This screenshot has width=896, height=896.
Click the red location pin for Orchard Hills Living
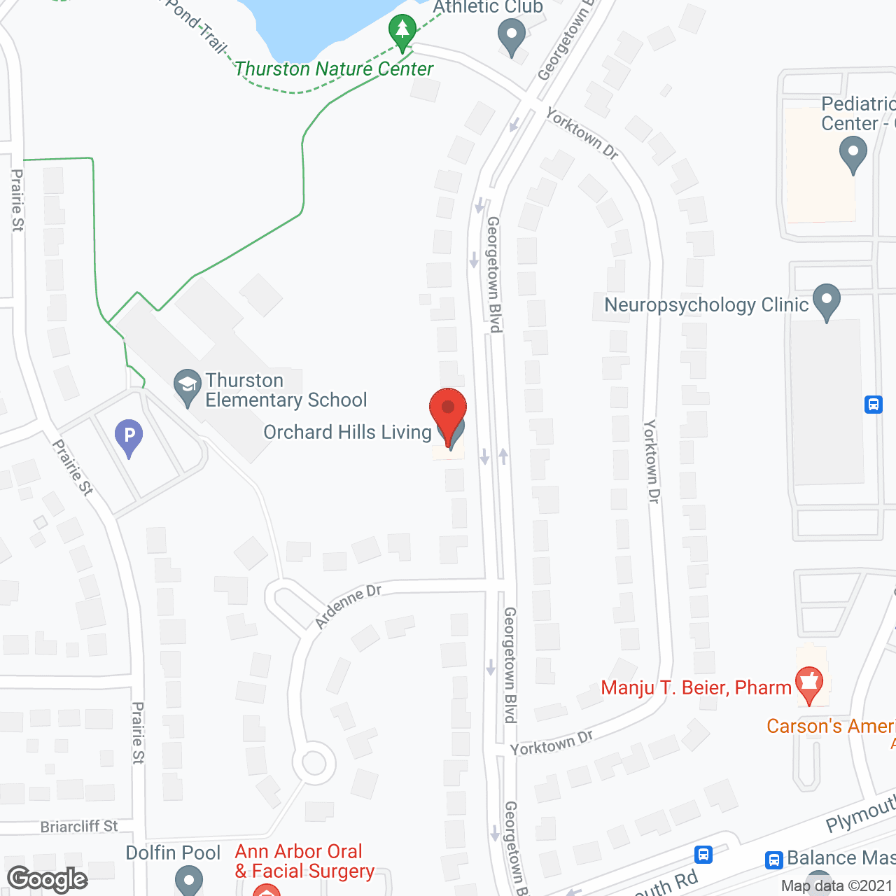447,409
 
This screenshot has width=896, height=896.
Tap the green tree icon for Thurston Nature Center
402,31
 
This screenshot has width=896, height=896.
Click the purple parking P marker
129,436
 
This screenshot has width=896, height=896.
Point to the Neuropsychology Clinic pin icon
827,300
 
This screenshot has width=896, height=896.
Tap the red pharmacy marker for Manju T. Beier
809,684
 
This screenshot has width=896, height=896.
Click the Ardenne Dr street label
348,605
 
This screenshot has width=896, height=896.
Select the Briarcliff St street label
79,827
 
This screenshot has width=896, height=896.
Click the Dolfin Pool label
173,853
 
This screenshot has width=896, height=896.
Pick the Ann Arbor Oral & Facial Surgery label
304,861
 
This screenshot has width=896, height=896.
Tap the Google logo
48,879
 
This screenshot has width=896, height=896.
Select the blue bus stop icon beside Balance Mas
773,859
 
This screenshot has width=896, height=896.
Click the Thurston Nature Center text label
334,69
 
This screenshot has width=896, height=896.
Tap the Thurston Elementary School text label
286,390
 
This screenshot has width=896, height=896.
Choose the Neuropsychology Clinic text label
706,305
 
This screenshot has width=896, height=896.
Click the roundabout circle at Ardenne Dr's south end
314,763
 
